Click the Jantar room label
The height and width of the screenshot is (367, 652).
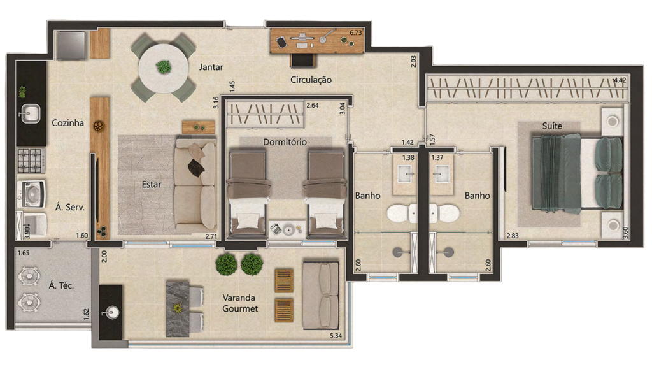(x=210, y=67)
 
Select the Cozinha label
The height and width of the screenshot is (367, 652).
(x=67, y=123)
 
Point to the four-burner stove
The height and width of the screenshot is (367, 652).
(x=30, y=160)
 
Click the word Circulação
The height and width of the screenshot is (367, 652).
(x=311, y=80)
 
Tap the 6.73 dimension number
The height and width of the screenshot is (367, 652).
(x=356, y=32)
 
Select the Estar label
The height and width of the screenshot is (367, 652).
(x=152, y=185)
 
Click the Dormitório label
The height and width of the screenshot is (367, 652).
(x=285, y=141)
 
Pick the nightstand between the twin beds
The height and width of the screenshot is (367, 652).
(x=285, y=227)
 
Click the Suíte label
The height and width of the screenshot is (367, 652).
(x=552, y=126)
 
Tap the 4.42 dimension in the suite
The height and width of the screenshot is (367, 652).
(x=620, y=80)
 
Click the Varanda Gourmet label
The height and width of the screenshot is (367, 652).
(x=240, y=303)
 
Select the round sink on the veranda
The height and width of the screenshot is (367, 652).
(x=112, y=312)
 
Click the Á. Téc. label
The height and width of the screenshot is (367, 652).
(x=62, y=285)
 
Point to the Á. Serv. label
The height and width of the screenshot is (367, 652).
(x=71, y=207)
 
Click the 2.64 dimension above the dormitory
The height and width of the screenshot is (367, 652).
(x=313, y=106)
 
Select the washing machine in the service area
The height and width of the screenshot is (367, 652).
(x=31, y=191)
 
